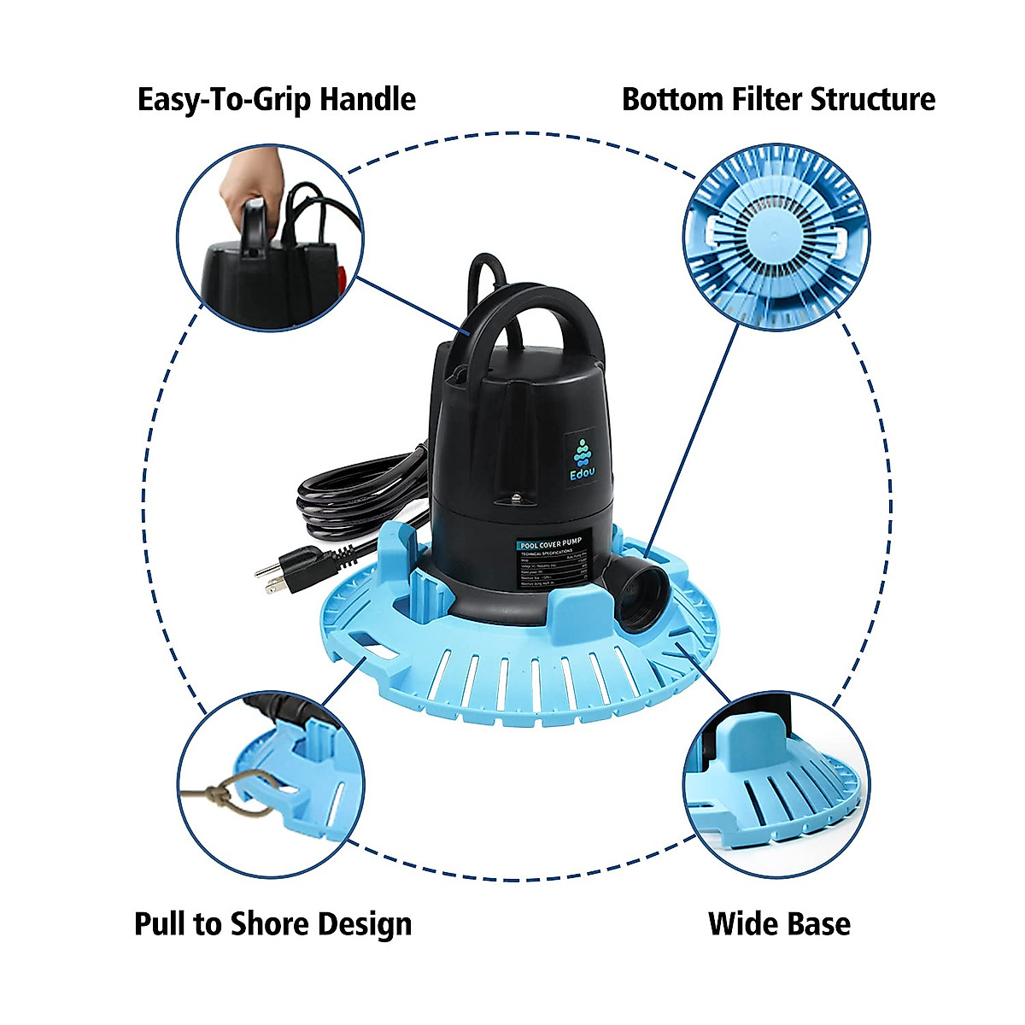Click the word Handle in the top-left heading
coord(367,99)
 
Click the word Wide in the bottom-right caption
coord(740,924)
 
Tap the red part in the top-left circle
coord(347,282)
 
